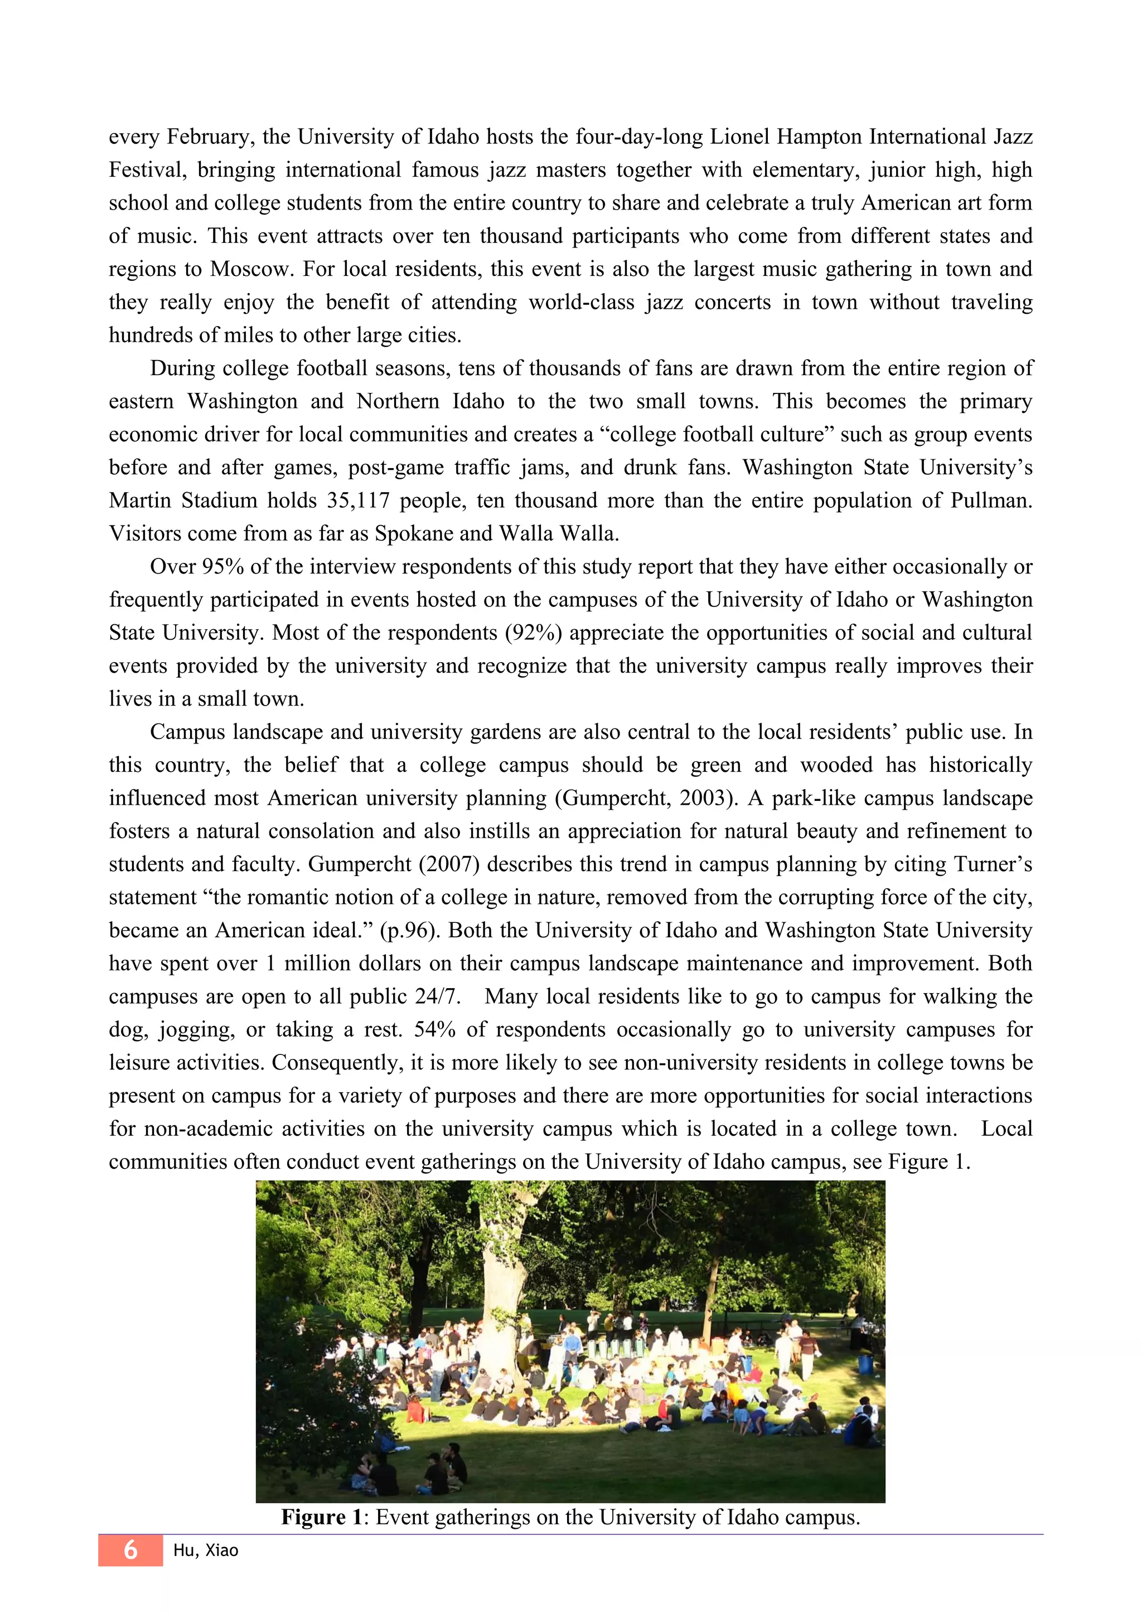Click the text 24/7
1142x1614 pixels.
pos(437,997)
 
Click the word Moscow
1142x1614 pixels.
pos(250,269)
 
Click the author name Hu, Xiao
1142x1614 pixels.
pos(205,1550)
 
